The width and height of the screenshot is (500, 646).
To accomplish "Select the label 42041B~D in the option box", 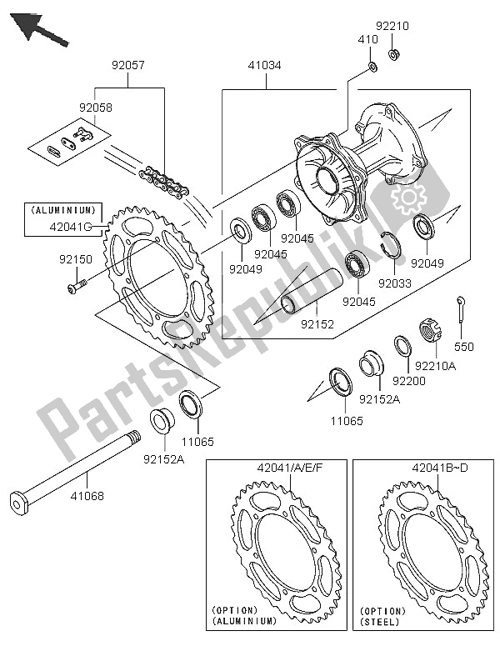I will pyautogui.click(x=422, y=468).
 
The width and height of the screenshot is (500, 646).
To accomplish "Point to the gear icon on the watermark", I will pyautogui.click(x=410, y=199).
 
